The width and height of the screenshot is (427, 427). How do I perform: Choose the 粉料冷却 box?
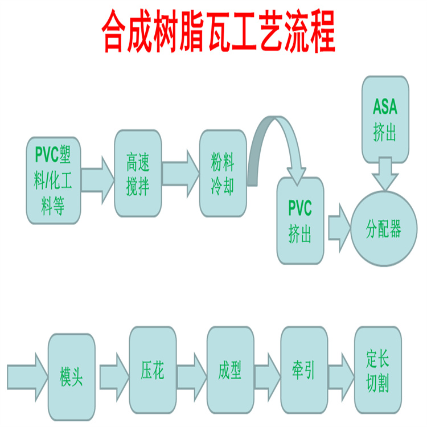pyautogui.click(x=223, y=173)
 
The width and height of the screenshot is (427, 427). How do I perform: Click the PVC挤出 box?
pyautogui.click(x=299, y=220)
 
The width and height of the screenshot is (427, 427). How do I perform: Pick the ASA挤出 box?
pyautogui.click(x=385, y=120)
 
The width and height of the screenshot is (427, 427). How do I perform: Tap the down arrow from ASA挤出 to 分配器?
pyautogui.click(x=385, y=174)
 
